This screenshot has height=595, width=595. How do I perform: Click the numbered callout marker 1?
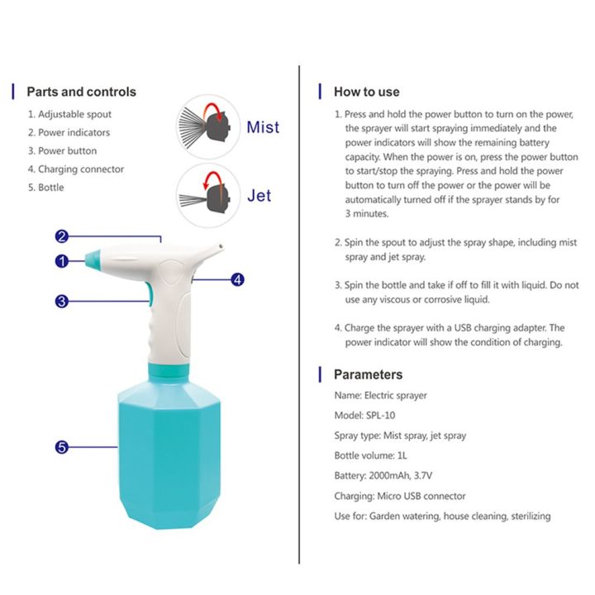[61, 261]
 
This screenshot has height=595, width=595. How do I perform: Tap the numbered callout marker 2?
[61, 236]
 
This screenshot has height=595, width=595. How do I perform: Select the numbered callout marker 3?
[61, 302]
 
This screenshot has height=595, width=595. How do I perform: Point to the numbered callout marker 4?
[237, 279]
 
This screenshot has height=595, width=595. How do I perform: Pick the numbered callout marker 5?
[61, 447]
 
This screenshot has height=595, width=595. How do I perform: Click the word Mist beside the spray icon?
[263, 127]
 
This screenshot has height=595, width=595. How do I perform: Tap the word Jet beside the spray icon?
[259, 196]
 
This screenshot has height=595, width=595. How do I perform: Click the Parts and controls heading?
[81, 92]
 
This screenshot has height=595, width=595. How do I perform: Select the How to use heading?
[366, 92]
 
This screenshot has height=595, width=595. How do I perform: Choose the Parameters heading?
[368, 374]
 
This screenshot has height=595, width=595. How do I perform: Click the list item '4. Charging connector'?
[75, 169]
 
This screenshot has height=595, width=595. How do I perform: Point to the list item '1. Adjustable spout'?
[69, 114]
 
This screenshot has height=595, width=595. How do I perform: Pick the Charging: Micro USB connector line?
[399, 496]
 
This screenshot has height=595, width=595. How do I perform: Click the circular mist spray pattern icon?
[207, 126]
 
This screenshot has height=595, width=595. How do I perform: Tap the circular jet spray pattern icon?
[207, 195]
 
